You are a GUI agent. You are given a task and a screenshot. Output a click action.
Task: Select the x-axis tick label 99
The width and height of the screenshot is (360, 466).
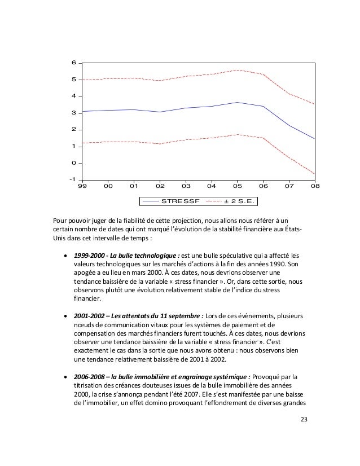tap(82, 186)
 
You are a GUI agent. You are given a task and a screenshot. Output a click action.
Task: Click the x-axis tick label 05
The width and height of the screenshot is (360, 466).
tap(237, 186)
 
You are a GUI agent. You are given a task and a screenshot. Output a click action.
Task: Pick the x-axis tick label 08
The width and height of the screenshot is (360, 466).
tap(314, 186)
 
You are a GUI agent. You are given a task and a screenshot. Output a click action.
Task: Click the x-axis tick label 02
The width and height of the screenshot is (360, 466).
tap(160, 186)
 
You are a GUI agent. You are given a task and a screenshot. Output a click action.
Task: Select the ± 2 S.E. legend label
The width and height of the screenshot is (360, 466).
tap(240, 200)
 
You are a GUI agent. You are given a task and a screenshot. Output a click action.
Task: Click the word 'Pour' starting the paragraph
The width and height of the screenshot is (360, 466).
tap(60, 220)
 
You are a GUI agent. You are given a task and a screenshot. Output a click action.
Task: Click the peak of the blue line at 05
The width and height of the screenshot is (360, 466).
tap(237, 102)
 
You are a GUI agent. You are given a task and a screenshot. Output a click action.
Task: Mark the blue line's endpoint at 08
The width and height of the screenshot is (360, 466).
tap(314, 139)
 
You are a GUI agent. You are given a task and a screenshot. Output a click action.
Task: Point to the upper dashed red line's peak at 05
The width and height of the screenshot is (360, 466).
tap(237, 70)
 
